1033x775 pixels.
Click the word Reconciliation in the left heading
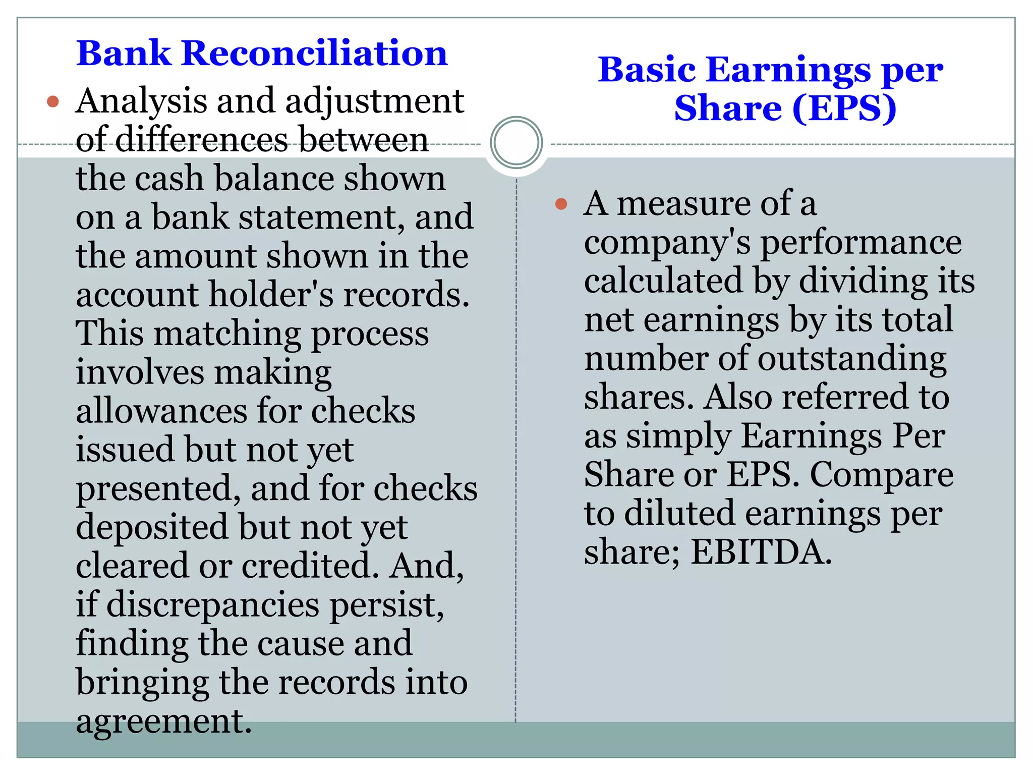(x=314, y=53)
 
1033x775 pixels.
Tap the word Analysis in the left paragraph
(x=141, y=101)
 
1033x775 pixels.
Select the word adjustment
(x=374, y=101)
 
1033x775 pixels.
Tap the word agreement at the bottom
(x=163, y=722)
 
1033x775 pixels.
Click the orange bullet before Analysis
(x=53, y=102)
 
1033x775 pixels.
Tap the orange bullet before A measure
(x=561, y=204)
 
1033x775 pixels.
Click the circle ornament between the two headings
(x=516, y=142)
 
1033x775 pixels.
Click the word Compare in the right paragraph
(x=881, y=475)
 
